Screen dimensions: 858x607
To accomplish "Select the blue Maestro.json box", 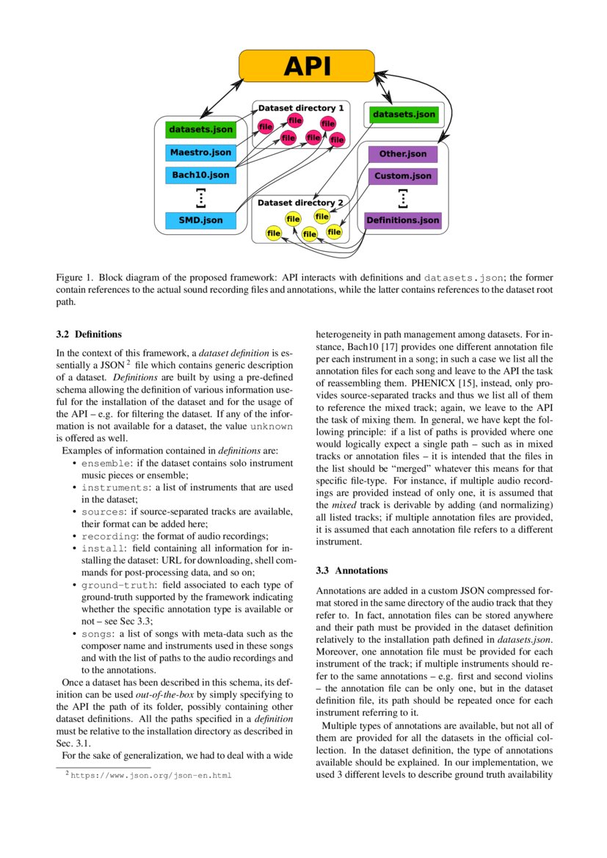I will [x=200, y=153].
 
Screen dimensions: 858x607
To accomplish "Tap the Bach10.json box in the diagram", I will [x=200, y=175].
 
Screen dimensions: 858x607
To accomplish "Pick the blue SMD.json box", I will [x=200, y=219].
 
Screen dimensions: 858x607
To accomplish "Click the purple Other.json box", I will [x=402, y=154].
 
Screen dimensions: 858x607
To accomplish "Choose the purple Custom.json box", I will [x=402, y=176].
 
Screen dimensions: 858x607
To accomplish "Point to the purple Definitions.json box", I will [x=402, y=220].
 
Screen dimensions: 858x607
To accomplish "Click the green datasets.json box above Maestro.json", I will [x=200, y=130].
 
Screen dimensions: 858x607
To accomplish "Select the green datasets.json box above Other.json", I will [x=404, y=114].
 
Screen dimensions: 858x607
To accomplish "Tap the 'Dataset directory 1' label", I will [x=300, y=108].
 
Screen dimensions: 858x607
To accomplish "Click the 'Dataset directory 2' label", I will [x=300, y=203].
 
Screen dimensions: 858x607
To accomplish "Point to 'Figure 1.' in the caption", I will [x=73, y=278].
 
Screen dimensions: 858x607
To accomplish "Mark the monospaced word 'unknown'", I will [x=272, y=426].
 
